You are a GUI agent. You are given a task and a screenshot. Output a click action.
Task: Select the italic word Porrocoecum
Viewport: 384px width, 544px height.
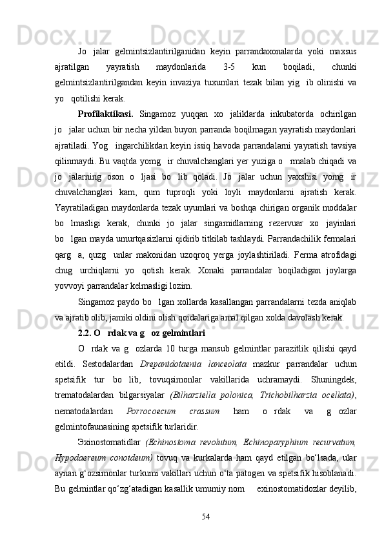click(148, 411)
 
